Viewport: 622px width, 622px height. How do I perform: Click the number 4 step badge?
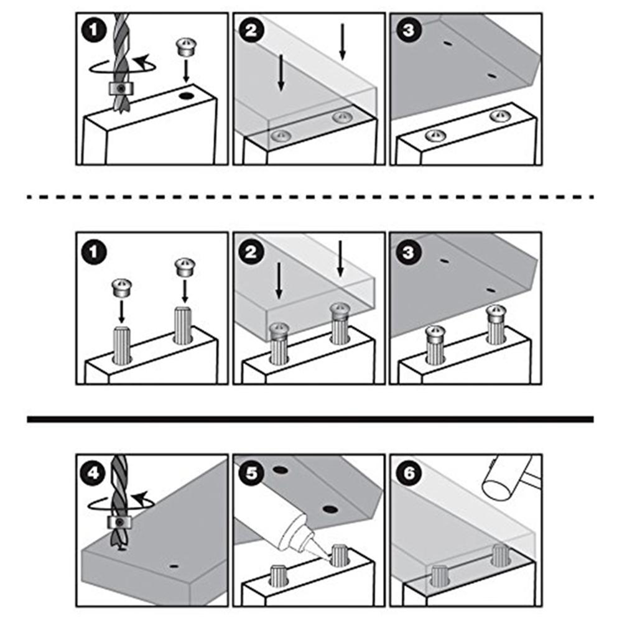pos(93,473)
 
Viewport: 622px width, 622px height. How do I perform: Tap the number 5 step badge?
pos(251,473)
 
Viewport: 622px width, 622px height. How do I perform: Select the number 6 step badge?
pos(409,473)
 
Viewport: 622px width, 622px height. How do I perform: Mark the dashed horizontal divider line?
pos(310,197)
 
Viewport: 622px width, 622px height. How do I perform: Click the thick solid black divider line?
pos(310,419)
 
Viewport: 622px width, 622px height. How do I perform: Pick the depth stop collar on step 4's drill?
pos(119,522)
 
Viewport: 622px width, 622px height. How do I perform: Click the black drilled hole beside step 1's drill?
pos(185,95)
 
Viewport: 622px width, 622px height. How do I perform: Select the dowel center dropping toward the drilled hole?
pos(186,47)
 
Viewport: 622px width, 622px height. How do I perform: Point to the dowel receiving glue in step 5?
pos(340,555)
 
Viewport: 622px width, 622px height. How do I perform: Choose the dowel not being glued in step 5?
pos(278,575)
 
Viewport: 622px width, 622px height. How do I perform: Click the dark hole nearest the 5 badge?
pos(281,471)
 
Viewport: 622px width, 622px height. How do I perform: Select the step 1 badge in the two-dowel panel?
pos(93,253)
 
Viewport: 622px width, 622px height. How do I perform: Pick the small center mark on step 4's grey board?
pos(174,566)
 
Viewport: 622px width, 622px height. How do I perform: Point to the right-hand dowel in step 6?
pos(500,555)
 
